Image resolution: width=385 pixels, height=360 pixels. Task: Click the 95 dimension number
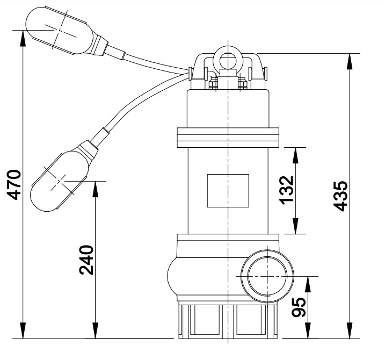point(301,307)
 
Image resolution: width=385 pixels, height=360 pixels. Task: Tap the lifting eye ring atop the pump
point(228,60)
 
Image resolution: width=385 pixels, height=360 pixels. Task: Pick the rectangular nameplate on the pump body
point(228,191)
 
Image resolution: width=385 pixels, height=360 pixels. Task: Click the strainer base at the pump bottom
point(228,322)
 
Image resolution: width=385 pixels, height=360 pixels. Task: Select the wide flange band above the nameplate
point(228,136)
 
